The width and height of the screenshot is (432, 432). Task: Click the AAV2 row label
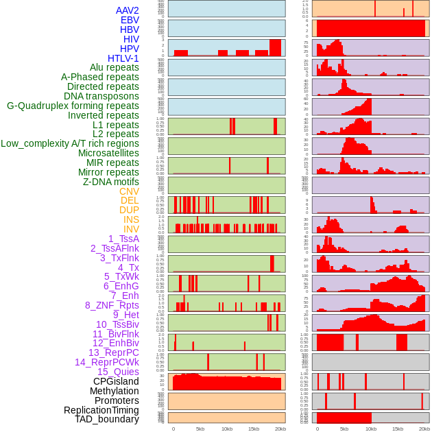(x=127, y=10)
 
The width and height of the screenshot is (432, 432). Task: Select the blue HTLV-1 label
(x=123, y=58)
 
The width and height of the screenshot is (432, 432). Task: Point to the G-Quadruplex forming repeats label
(x=73, y=106)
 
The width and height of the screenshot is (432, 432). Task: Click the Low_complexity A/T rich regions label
(x=70, y=143)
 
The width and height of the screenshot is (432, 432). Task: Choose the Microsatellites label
(x=108, y=153)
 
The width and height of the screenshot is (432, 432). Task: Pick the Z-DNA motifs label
(x=110, y=182)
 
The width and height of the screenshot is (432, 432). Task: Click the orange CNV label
(x=129, y=191)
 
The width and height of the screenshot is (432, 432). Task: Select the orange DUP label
(x=129, y=210)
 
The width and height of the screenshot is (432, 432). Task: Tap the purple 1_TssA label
(x=123, y=239)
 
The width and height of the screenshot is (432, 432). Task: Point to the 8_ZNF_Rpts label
(x=112, y=305)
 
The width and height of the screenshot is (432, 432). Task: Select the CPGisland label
(x=116, y=381)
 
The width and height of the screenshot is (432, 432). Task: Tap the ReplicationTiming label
(x=101, y=410)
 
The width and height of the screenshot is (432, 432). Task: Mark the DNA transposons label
(x=101, y=96)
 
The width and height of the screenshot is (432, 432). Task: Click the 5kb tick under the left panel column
(x=200, y=429)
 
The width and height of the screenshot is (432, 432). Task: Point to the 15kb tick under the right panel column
(x=397, y=429)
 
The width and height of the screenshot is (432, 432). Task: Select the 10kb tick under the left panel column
(x=226, y=429)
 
